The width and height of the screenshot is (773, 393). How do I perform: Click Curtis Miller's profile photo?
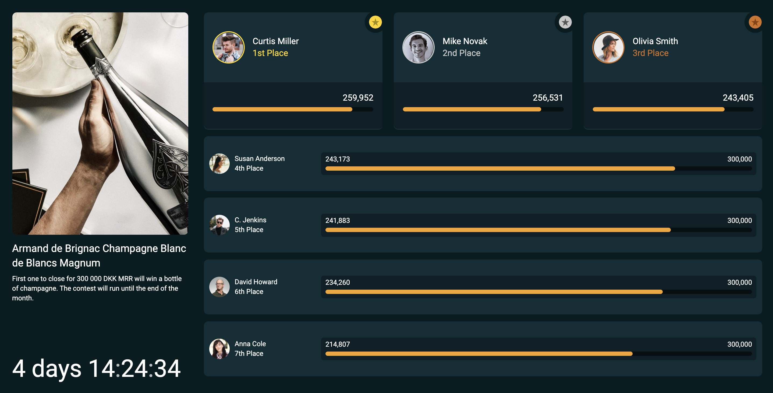pos(228,47)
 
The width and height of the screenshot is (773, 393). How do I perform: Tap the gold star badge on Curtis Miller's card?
pos(375,22)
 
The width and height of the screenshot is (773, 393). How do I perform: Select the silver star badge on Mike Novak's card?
pos(565,22)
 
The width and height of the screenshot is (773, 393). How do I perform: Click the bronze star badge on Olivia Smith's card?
pos(755,22)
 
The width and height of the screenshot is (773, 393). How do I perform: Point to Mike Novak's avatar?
pos(418,47)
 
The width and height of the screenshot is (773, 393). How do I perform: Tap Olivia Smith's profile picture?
pos(608,47)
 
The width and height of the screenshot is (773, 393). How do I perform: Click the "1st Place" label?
pos(270,53)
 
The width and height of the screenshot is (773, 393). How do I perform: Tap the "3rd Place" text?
pos(651,53)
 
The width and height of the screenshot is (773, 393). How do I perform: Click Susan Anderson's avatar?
pos(219,164)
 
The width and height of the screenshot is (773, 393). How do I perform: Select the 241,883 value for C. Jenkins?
pos(338,220)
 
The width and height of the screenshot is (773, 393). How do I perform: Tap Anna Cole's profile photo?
pos(219,349)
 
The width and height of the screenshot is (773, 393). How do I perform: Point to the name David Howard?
pos(256,282)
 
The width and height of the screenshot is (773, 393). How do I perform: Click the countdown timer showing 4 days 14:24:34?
pos(96,369)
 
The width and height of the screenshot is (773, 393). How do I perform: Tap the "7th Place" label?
pos(249,353)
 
